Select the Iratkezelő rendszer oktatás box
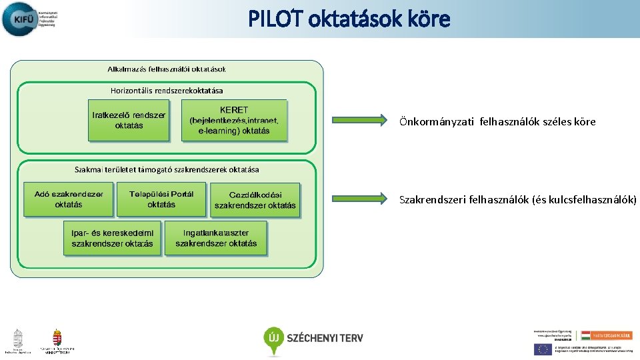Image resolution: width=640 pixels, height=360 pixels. (129, 120)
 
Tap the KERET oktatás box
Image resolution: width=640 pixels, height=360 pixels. (234, 120)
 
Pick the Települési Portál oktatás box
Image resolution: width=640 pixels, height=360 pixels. (161, 199)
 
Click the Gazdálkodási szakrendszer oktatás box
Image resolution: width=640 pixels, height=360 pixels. (255, 199)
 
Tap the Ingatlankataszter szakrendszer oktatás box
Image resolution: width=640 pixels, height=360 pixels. (216, 238)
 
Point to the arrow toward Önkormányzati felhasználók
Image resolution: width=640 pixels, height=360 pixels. (361, 120)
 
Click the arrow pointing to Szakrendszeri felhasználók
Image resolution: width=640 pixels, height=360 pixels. (361, 198)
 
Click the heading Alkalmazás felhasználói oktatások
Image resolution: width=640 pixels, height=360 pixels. (167, 69)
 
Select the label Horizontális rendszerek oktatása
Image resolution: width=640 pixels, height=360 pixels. (167, 90)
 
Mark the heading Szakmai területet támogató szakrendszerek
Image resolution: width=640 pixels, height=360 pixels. (167, 170)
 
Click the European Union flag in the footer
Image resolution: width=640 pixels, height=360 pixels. (543, 349)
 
